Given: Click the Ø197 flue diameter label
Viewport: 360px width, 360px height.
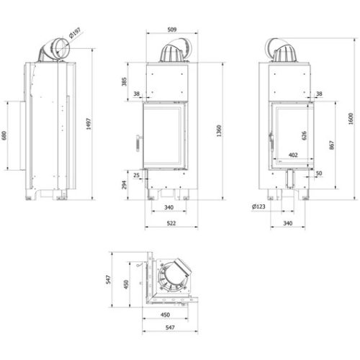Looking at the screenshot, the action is click(x=75, y=33).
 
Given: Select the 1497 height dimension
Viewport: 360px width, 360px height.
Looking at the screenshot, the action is click(x=89, y=124).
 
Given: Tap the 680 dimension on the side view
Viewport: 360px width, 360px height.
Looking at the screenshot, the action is click(x=4, y=136).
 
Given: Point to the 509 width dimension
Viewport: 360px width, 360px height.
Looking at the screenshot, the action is click(x=172, y=30).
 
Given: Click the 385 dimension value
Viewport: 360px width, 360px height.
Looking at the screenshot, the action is click(x=124, y=81).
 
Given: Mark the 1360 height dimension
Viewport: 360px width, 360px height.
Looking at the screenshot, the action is click(x=219, y=131).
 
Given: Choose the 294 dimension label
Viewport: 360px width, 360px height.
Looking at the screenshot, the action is click(x=124, y=184).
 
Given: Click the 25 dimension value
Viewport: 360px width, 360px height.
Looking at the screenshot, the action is click(x=136, y=175).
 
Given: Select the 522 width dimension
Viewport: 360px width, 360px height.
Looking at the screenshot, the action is click(x=171, y=223).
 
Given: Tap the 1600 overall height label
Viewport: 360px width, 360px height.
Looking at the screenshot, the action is click(x=351, y=119).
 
